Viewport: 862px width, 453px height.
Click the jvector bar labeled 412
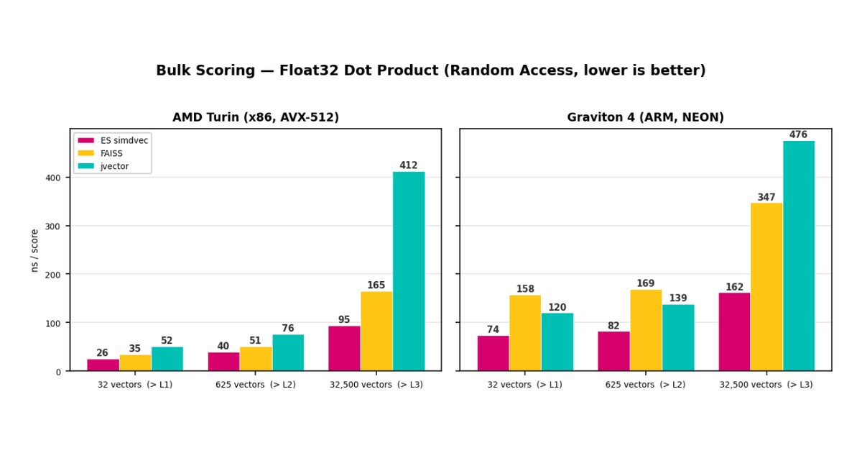click(x=408, y=272)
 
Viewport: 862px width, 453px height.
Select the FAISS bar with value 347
click(x=766, y=287)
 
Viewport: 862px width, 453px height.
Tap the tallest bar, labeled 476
click(x=799, y=256)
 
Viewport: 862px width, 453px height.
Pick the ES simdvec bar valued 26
click(x=103, y=365)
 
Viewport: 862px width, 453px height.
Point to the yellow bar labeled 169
click(x=646, y=330)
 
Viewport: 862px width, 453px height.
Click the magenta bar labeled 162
click(x=734, y=331)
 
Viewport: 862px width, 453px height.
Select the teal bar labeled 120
click(x=557, y=342)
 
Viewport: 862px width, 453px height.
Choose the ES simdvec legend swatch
click(x=86, y=140)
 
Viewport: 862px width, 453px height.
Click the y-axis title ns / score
click(x=34, y=250)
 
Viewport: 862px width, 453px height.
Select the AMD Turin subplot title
click(x=256, y=117)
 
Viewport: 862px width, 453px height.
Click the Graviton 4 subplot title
click(x=645, y=117)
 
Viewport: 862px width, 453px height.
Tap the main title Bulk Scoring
click(x=431, y=70)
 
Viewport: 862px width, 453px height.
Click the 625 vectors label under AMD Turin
click(x=256, y=385)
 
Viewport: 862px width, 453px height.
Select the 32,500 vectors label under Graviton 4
click(x=766, y=385)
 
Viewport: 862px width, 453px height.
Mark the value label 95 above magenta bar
click(x=344, y=320)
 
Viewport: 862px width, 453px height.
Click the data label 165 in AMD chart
click(x=376, y=285)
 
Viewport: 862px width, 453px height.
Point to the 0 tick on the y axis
click(x=59, y=372)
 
